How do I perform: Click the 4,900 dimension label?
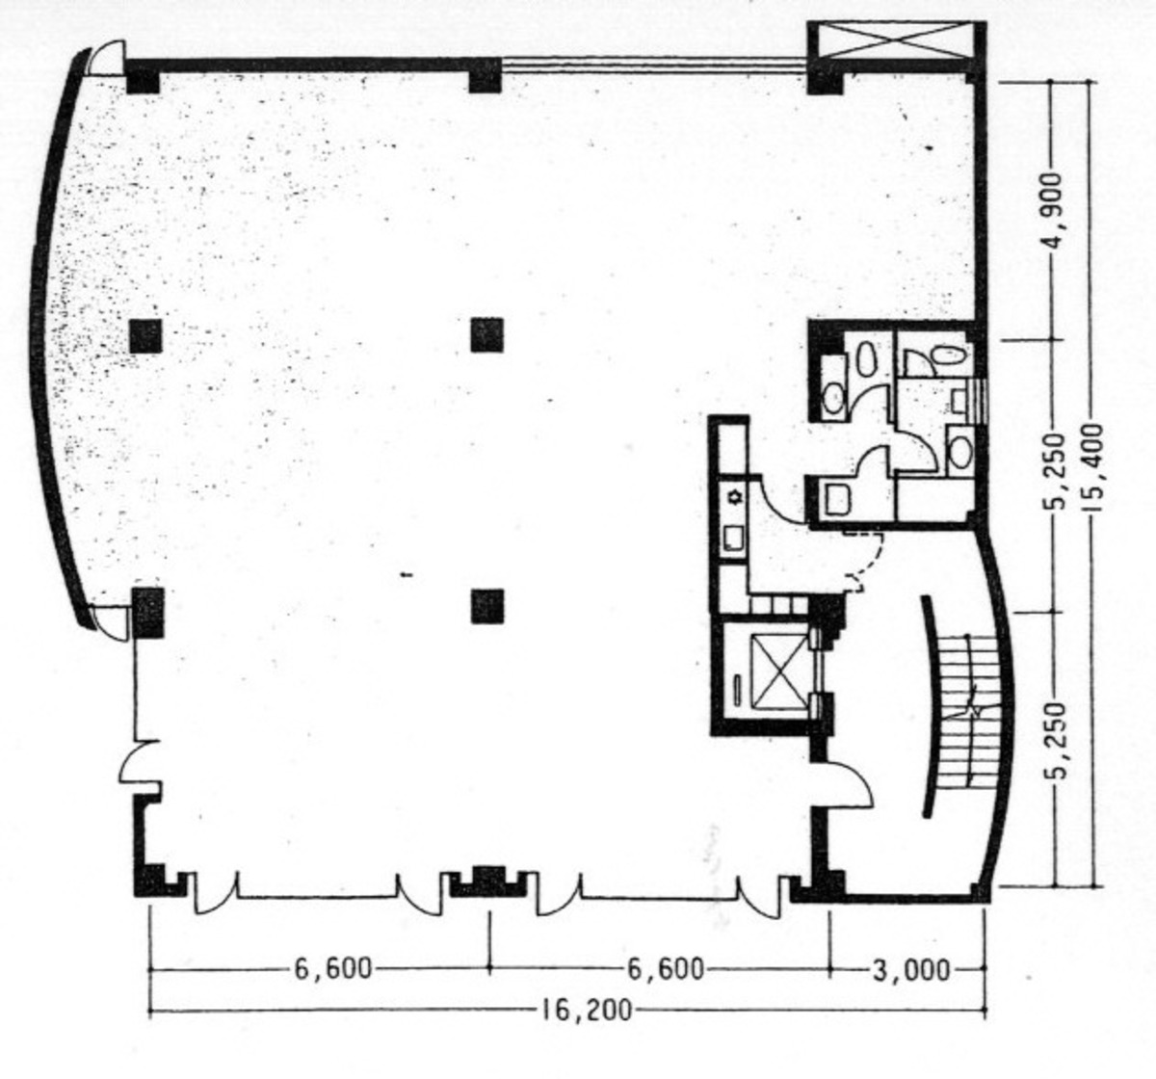coord(1056,210)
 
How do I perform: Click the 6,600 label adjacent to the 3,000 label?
coord(666,968)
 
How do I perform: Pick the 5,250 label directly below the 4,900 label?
coord(1056,474)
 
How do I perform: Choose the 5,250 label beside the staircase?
coord(1056,744)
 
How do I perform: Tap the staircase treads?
coord(965,708)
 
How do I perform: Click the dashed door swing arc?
coord(864,560)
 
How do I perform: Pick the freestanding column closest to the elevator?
coord(487,606)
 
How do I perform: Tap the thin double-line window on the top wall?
coord(655,65)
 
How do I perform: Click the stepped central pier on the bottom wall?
coord(489,881)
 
